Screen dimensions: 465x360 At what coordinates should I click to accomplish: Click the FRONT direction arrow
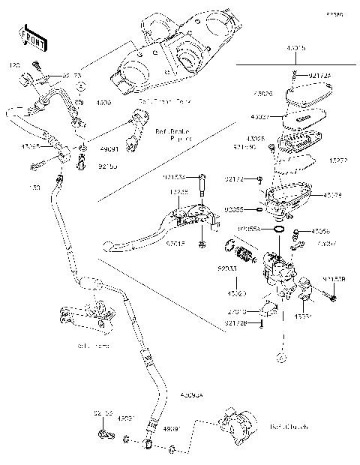[x=28, y=36]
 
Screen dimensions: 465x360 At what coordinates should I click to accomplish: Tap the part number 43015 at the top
[x=295, y=47]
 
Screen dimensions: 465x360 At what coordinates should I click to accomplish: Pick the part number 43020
[x=237, y=293]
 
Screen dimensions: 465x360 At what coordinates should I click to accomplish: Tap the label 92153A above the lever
[x=194, y=178]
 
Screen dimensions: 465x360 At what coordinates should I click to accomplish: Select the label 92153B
[x=334, y=279]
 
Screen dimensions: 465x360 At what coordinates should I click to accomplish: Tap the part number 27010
[x=238, y=310]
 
